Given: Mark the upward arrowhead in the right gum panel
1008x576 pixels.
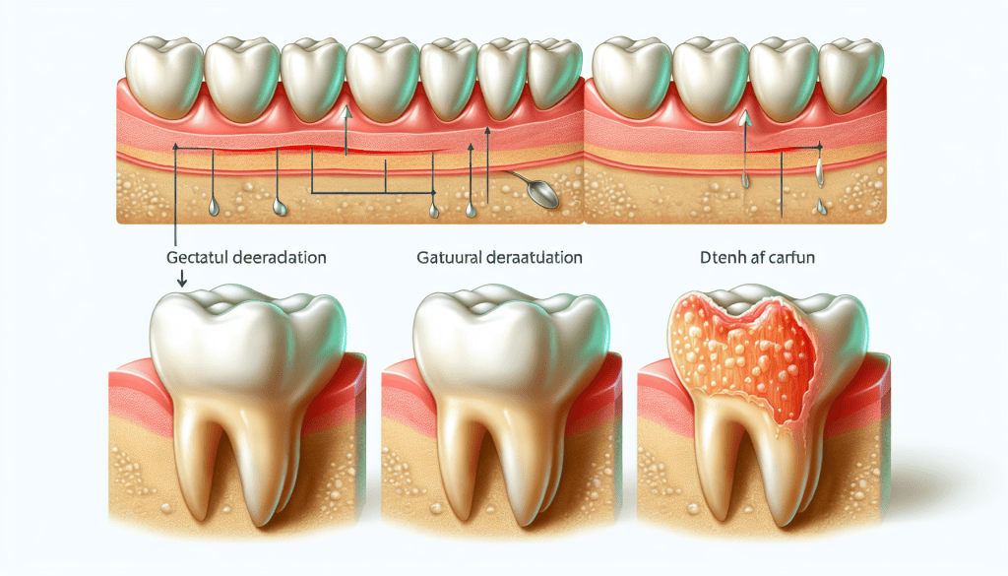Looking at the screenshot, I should (x=745, y=118).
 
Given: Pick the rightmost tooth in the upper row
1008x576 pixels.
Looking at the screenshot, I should (x=851, y=74).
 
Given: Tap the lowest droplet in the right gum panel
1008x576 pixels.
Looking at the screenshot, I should (x=819, y=208).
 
